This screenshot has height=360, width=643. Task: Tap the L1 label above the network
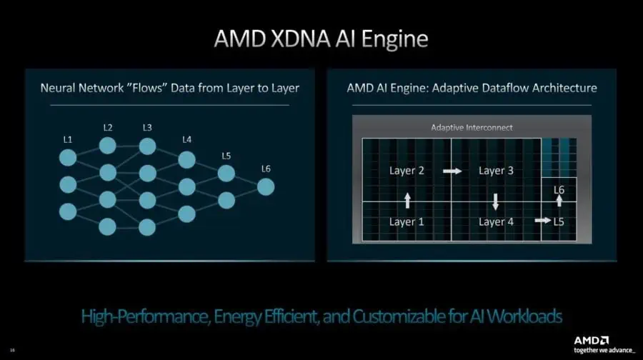click(67, 139)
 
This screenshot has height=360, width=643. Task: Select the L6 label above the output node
click(266, 169)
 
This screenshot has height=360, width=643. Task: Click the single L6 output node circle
click(266, 187)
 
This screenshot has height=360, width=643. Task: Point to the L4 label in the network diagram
click(186, 139)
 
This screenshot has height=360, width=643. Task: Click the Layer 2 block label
click(407, 171)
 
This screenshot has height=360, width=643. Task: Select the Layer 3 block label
click(496, 171)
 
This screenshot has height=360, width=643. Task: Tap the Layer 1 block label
click(407, 221)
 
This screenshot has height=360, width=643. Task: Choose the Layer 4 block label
click(496, 221)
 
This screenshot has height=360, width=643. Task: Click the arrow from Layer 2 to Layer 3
click(452, 171)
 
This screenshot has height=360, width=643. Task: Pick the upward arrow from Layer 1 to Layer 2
click(407, 199)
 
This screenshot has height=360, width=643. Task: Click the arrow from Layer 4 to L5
click(543, 221)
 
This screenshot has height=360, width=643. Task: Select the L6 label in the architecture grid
click(559, 190)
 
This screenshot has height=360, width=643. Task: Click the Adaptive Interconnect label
click(472, 127)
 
